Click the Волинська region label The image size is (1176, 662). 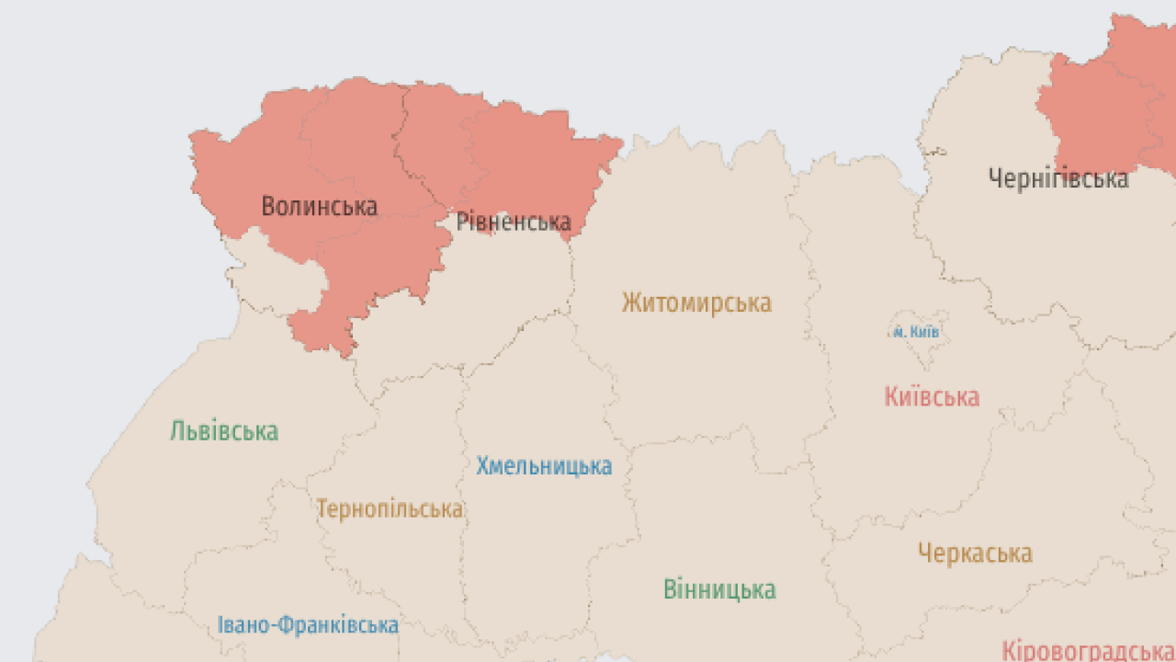[319, 206]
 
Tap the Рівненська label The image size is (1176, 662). [514, 222]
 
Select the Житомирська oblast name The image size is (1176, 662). [696, 302]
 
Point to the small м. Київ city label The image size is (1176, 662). [916, 332]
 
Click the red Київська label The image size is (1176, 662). [932, 397]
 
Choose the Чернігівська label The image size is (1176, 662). [1058, 178]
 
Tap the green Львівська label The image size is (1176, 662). [224, 430]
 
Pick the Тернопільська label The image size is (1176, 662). [390, 508]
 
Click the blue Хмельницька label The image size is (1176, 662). [544, 466]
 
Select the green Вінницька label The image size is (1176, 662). [719, 589]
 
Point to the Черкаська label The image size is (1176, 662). [975, 554]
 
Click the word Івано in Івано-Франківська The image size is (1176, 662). [243, 625]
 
